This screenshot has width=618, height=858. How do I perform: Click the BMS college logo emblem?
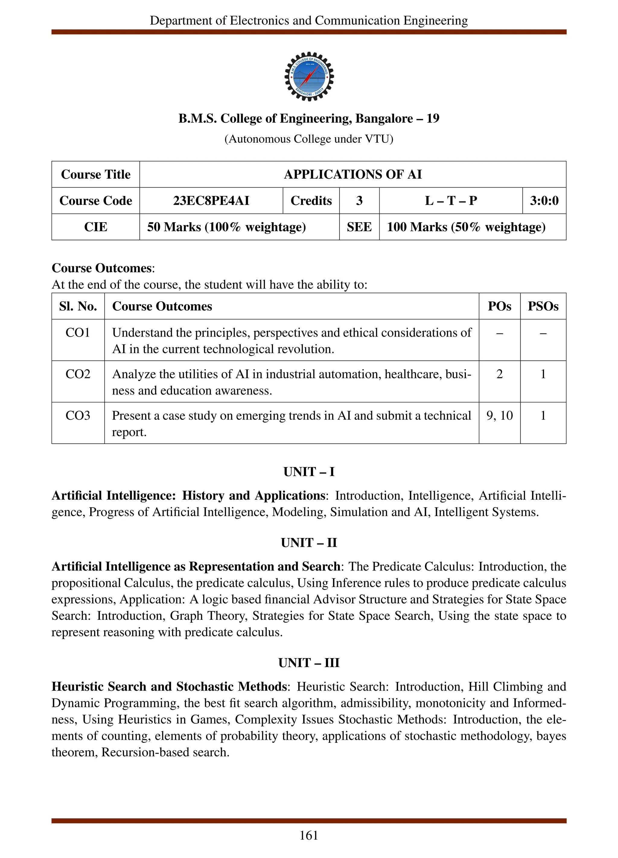pyautogui.click(x=309, y=76)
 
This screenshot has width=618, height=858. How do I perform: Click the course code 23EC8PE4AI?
pyautogui.click(x=211, y=201)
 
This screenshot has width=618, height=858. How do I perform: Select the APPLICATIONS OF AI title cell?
pyautogui.click(x=353, y=174)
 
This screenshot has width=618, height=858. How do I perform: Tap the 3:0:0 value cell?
pyautogui.click(x=544, y=201)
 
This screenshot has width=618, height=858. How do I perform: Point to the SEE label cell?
pyautogui.click(x=359, y=227)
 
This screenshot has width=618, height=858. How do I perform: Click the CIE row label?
pyautogui.click(x=95, y=227)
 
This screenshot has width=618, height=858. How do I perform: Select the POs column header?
pyautogui.click(x=499, y=306)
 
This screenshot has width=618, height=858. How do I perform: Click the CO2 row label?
pyautogui.click(x=78, y=374)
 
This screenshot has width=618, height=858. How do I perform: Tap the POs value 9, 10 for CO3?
pyautogui.click(x=499, y=415)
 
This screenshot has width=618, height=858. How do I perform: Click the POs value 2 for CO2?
pyautogui.click(x=499, y=374)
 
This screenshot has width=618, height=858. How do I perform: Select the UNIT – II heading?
pyautogui.click(x=309, y=543)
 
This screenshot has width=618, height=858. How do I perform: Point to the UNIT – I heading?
pyautogui.click(x=309, y=472)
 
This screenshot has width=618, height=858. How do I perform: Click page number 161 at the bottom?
pyautogui.click(x=309, y=835)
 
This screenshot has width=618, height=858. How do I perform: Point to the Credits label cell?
pyautogui.click(x=311, y=201)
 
